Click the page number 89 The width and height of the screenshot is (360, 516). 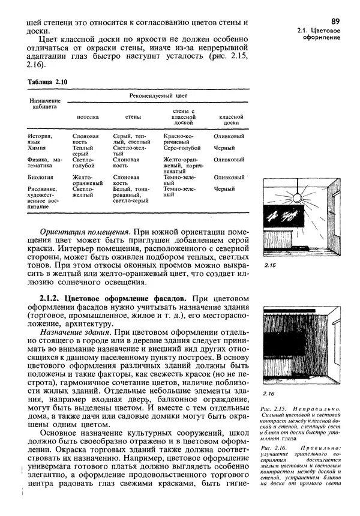tap(335, 21)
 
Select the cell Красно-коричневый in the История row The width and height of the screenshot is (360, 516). tap(180, 139)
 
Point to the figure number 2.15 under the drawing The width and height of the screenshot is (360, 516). tap(269, 265)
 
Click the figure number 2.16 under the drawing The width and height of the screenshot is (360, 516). tap(269, 394)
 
